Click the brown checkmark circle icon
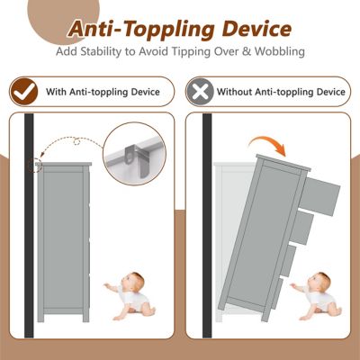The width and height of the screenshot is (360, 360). pyautogui.click(x=23, y=91)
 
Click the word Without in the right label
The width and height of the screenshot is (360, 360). pyautogui.click(x=236, y=91)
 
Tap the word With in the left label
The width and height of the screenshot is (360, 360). pyautogui.click(x=54, y=91)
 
